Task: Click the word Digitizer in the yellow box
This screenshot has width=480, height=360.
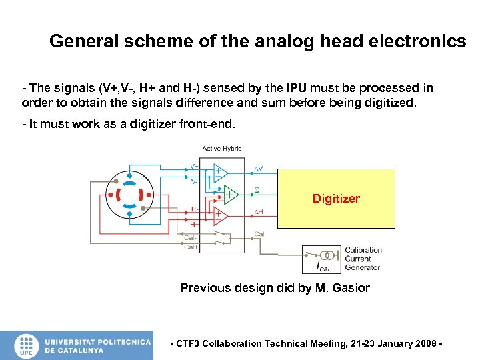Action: click(336, 199)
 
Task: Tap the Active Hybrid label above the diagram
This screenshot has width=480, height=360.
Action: click(222, 149)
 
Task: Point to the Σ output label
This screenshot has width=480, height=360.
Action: click(257, 191)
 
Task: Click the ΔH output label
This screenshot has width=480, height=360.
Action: click(259, 211)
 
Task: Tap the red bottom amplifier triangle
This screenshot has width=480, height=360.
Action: click(220, 215)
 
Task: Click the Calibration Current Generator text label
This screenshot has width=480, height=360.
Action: click(363, 259)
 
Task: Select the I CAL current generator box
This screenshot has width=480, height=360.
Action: click(322, 259)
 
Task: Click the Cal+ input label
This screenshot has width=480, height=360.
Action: click(191, 247)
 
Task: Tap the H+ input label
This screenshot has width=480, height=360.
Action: click(195, 225)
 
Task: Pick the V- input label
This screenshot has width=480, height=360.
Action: click(194, 181)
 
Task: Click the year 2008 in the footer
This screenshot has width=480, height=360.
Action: click(425, 343)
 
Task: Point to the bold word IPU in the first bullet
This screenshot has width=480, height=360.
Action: click(297, 88)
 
